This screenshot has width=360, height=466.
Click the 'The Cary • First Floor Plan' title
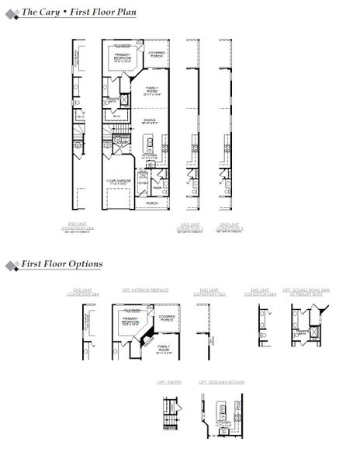click(x=78, y=13)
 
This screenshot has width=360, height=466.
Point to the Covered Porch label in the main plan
click(x=157, y=54)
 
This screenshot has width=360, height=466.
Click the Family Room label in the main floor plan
click(x=153, y=91)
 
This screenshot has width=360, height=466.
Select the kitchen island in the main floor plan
click(x=147, y=143)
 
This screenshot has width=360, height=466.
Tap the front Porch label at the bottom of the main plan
click(x=151, y=203)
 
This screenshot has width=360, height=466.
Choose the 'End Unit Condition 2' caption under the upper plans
click(x=230, y=227)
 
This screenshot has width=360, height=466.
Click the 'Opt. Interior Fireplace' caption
click(x=140, y=290)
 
